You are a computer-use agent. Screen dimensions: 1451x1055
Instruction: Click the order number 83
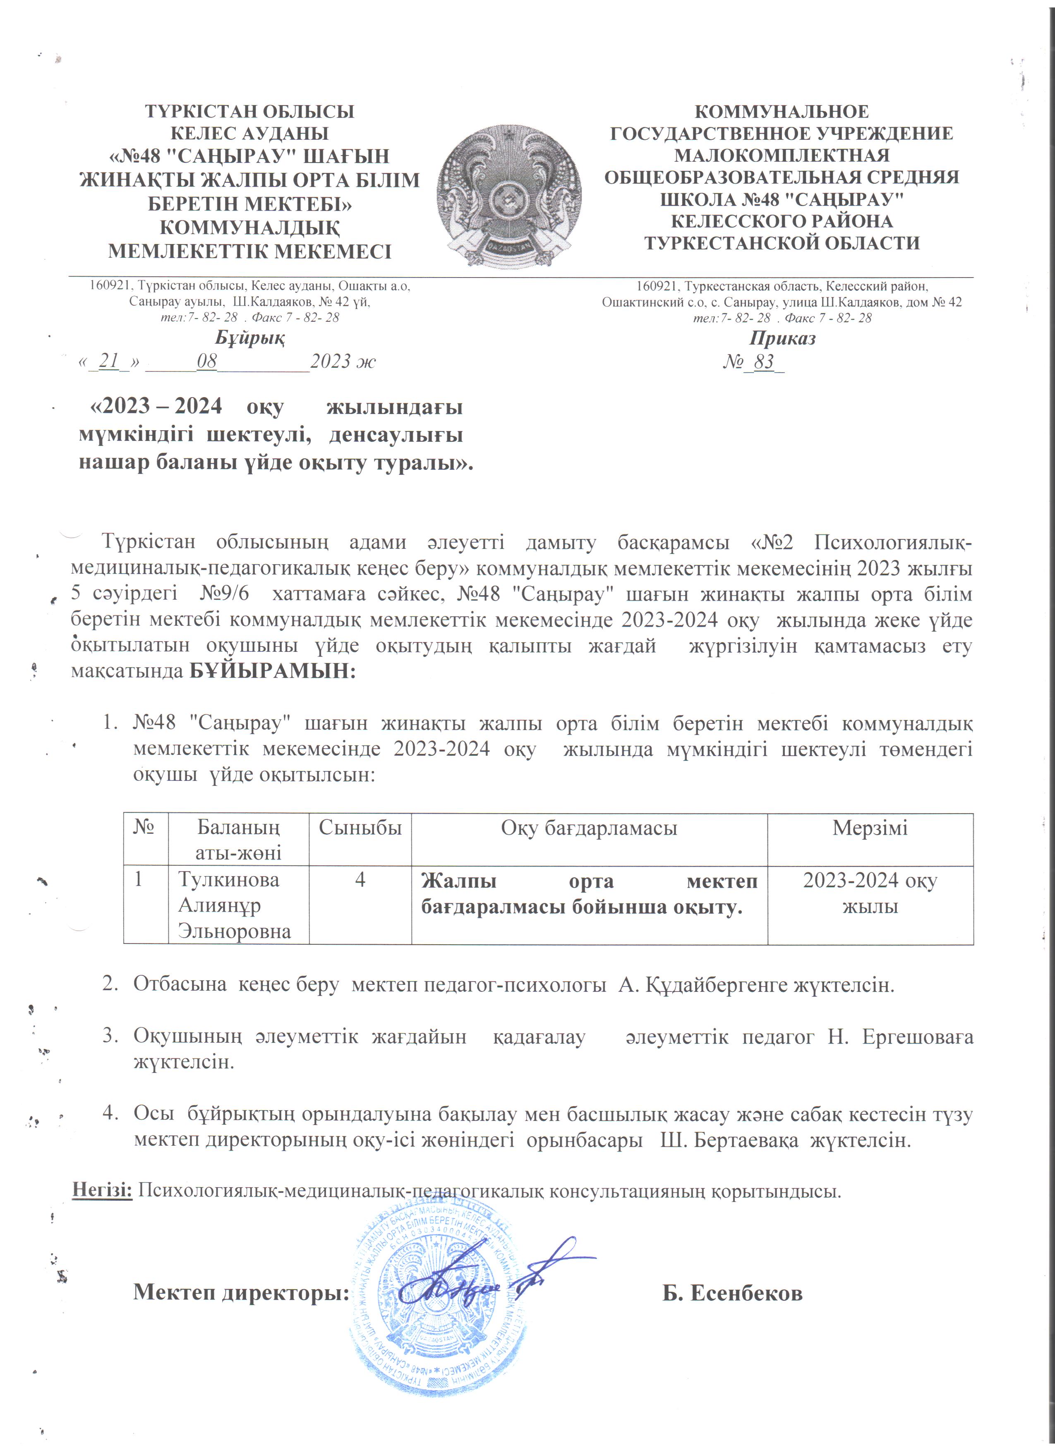pos(764,362)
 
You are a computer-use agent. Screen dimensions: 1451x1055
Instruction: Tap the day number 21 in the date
pos(109,362)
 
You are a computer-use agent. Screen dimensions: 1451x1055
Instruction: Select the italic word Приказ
pos(782,338)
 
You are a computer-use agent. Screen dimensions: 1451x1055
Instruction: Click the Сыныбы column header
pos(360,828)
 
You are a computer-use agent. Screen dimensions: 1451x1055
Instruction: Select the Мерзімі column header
pos(870,828)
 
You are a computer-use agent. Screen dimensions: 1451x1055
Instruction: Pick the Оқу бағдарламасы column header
pos(589,828)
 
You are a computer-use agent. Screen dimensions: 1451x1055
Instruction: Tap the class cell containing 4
pos(360,880)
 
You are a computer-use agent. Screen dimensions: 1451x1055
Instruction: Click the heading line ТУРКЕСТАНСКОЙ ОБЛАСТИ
pos(782,243)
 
